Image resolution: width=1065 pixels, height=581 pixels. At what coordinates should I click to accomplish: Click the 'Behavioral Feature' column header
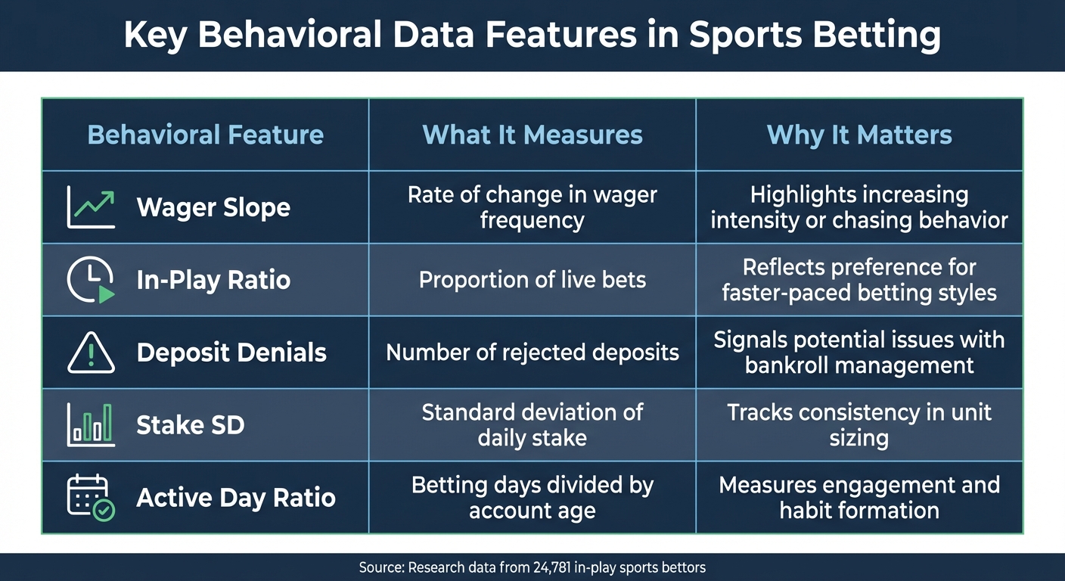point(205,135)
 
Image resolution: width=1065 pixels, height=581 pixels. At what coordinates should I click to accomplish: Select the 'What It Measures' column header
point(532,135)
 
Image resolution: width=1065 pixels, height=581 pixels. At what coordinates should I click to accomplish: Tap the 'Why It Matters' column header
point(859,135)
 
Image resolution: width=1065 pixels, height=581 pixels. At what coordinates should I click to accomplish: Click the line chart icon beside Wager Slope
point(91,207)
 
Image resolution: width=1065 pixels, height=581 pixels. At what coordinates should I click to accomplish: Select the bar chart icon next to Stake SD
point(91,424)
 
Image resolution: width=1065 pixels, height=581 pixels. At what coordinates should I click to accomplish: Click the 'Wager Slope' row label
point(213,207)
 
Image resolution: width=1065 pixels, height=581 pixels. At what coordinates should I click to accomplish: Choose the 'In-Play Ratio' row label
point(213,280)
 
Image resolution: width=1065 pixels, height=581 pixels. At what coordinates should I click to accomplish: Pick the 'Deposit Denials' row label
point(231,353)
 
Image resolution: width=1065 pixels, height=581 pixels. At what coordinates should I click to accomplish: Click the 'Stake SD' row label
point(191,425)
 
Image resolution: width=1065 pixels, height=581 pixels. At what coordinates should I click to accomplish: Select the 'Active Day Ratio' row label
point(236,498)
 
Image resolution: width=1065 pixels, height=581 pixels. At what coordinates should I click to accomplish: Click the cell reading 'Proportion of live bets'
point(532,280)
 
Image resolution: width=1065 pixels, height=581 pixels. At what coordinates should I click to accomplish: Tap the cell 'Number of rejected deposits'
point(532,353)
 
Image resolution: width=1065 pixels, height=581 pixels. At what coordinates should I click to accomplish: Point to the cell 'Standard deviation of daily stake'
point(532,425)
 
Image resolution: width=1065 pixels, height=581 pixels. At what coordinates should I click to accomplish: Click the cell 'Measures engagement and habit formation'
point(859,498)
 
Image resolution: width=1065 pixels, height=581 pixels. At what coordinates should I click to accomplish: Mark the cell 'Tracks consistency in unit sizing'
point(859,425)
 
